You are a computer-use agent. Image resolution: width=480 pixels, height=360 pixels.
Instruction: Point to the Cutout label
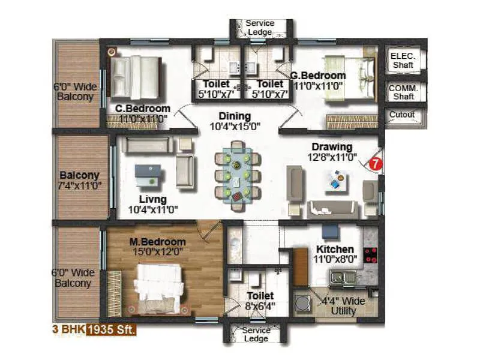tap(402, 115)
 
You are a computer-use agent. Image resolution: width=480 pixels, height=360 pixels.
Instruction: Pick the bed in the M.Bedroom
tap(157, 287)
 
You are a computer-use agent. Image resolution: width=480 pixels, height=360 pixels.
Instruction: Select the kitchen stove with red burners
tap(371, 255)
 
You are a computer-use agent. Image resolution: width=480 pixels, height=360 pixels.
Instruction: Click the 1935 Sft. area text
tap(112, 329)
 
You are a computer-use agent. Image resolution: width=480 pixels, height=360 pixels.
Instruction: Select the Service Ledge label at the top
tap(259, 28)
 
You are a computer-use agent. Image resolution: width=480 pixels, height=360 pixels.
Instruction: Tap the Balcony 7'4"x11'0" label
tap(79, 180)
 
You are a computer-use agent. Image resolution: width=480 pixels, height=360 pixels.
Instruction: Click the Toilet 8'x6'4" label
tap(260, 301)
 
